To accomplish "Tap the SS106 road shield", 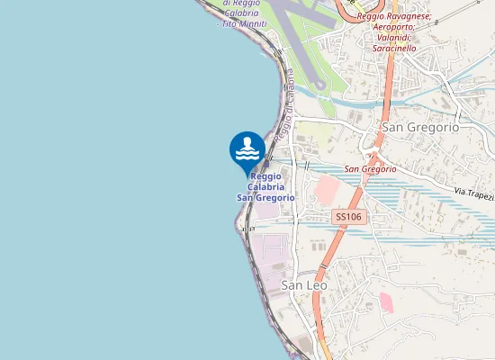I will click(x=347, y=217).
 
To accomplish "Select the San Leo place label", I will click(x=304, y=284).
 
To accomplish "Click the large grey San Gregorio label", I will click(x=420, y=127).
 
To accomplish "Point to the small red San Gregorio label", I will click(x=371, y=168).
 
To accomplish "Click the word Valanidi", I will click(x=393, y=38).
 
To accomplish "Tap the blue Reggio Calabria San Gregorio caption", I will click(x=265, y=186).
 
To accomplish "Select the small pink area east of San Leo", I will click(x=386, y=301).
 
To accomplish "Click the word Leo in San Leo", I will click(x=316, y=284).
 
